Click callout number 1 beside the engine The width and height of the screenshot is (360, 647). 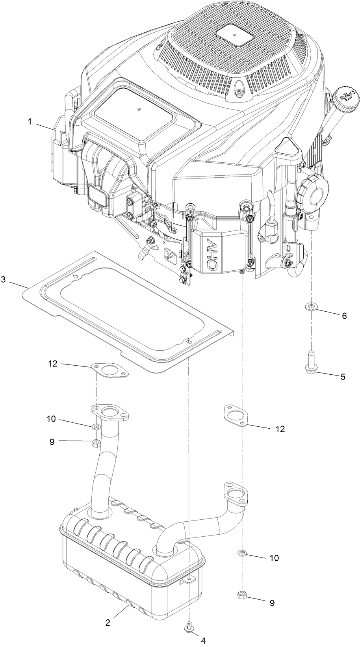click(x=30, y=122)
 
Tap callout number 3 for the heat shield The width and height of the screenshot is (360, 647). click(x=3, y=279)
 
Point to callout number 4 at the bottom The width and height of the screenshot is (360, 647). click(x=203, y=641)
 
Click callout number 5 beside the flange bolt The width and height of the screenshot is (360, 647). click(x=343, y=377)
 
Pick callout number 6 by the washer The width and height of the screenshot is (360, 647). click(x=344, y=316)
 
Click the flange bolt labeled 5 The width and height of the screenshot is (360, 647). click(x=311, y=363)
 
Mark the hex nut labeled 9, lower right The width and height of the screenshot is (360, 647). click(x=242, y=595)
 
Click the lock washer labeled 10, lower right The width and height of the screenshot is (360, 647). click(x=242, y=554)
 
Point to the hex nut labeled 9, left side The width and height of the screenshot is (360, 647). click(x=95, y=443)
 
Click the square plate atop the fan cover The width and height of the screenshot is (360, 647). click(x=234, y=35)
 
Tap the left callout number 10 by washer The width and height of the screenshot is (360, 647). click(x=51, y=418)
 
